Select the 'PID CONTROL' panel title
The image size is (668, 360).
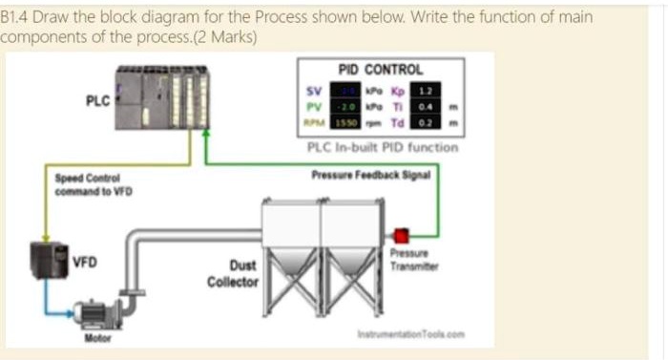(x=381, y=70)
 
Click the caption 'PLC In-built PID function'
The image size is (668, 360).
(x=382, y=147)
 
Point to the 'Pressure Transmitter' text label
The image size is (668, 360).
(x=413, y=261)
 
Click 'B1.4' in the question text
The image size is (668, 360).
(x=14, y=17)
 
